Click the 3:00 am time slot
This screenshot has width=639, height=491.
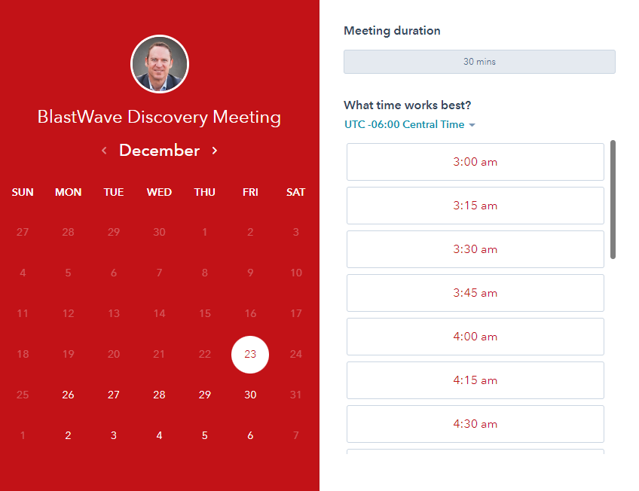coord(475,162)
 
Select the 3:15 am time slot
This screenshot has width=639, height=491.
coord(475,206)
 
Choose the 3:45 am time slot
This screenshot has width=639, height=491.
coord(475,293)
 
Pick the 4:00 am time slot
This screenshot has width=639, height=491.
coord(475,337)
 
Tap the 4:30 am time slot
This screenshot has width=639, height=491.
coord(475,424)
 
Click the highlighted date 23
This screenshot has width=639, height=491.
coord(250,354)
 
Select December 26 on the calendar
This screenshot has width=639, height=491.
coord(68,395)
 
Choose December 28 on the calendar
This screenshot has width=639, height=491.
coord(159,395)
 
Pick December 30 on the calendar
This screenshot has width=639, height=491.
coord(250,395)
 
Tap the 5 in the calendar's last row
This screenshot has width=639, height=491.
coord(205,435)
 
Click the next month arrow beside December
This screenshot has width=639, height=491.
coord(215,151)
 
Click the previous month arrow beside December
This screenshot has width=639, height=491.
coord(104,151)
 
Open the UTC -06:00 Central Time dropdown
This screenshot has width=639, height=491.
coord(410,125)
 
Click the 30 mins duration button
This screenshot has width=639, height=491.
coord(479,62)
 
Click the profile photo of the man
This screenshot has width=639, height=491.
coord(160,64)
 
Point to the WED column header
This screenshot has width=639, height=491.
coord(159,192)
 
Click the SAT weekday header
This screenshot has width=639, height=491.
coord(296,192)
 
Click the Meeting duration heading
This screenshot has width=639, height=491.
coord(392,31)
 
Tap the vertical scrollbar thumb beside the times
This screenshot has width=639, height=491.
coord(613,200)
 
